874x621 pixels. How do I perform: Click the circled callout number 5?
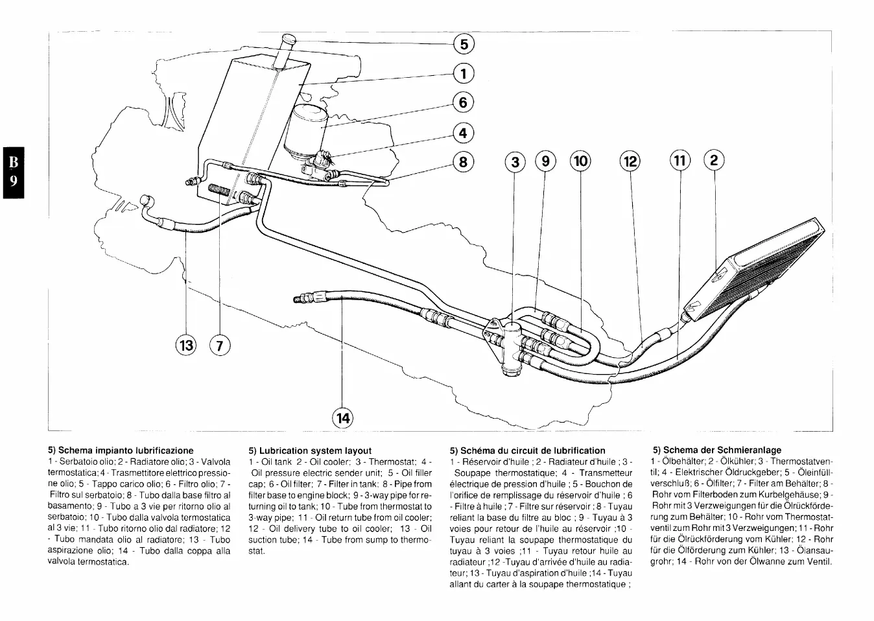click(x=464, y=44)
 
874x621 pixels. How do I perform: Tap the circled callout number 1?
click(x=464, y=73)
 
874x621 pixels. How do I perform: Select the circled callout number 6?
click(x=464, y=102)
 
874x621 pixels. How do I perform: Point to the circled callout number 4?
click(x=464, y=134)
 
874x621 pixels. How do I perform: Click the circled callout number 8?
click(x=464, y=161)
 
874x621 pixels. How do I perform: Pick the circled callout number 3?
click(x=515, y=161)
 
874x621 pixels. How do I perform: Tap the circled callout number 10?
click(x=580, y=161)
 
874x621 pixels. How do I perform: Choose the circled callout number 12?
click(x=630, y=161)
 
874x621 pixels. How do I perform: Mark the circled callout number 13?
click(x=187, y=345)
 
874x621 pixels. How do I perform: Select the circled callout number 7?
click(x=220, y=346)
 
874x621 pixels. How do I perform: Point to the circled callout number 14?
click(x=343, y=418)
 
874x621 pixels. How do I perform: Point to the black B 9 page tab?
click(x=13, y=171)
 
